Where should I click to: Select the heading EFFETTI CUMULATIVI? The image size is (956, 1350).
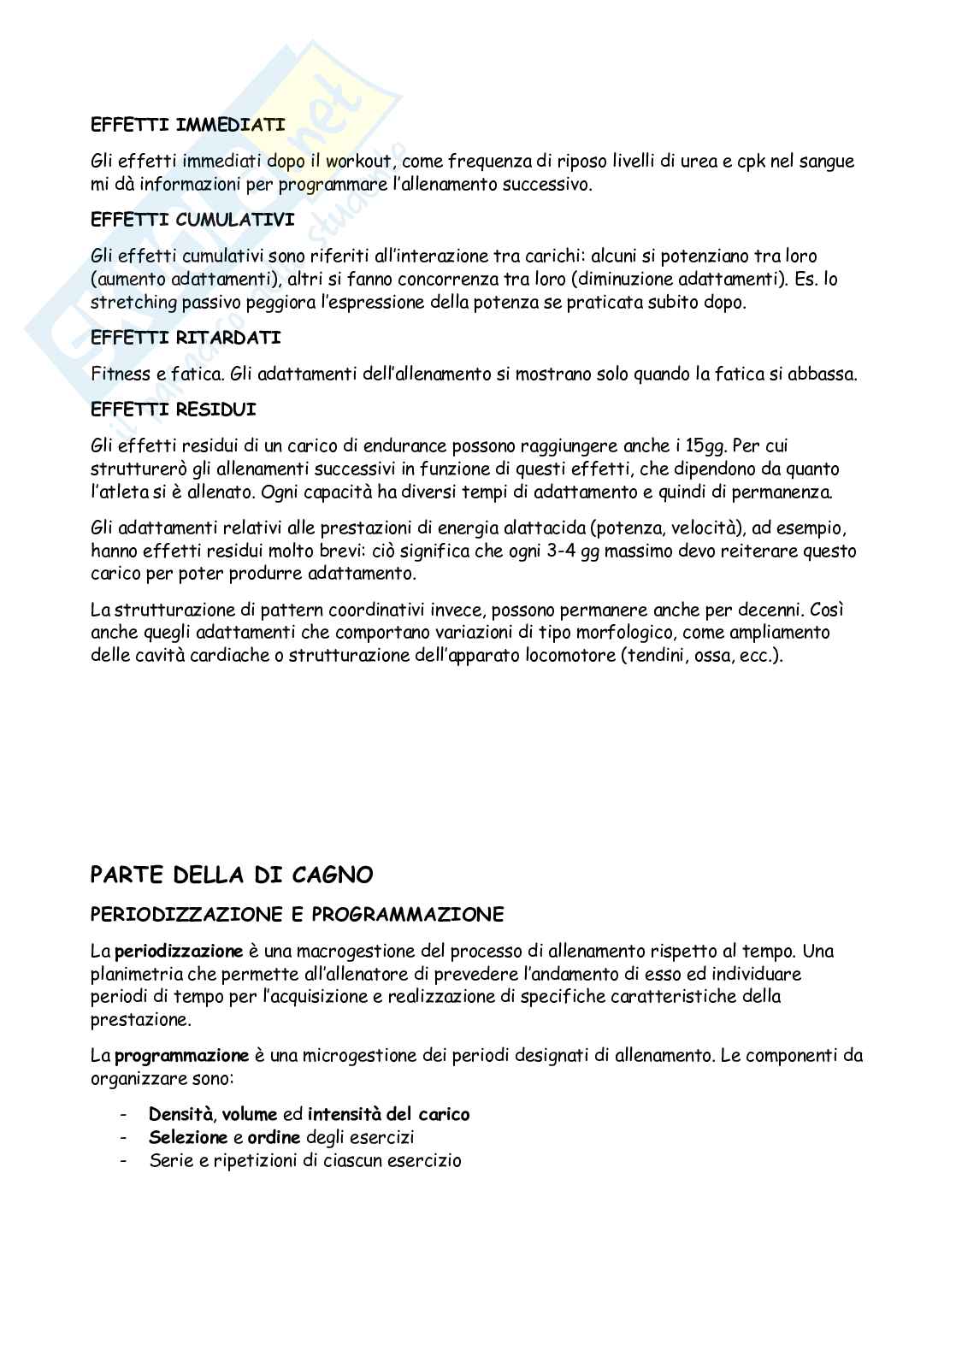point(192,220)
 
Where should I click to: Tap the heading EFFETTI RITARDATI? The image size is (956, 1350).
point(186,338)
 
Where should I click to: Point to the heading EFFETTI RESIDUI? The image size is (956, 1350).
point(174,410)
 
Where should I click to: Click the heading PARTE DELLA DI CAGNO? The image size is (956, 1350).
point(232,875)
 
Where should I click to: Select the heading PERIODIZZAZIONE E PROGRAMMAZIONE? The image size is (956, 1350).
point(298,915)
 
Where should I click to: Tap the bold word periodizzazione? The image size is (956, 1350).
point(180,951)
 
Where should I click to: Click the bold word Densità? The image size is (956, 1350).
point(180,1114)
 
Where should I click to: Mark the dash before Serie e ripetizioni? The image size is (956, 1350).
point(126,1160)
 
